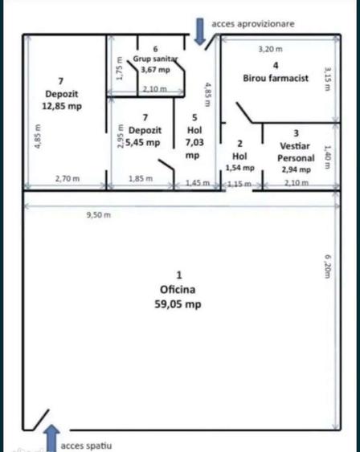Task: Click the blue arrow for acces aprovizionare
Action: click(199, 31)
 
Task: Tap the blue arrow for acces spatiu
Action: click(52, 438)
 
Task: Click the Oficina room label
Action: click(178, 289)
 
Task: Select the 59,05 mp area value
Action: click(178, 304)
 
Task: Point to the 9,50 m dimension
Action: click(99, 214)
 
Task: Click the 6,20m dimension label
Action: click(327, 267)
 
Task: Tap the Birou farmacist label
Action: click(276, 78)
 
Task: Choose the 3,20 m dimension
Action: click(270, 49)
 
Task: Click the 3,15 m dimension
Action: click(327, 79)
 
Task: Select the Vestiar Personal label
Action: click(296, 152)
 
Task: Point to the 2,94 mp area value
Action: click(297, 169)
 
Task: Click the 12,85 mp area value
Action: click(62, 106)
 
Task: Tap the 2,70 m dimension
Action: click(67, 179)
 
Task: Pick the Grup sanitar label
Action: click(155, 59)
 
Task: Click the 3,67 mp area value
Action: click(155, 70)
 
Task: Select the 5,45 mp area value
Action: click(143, 142)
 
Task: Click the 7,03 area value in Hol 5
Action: click(194, 142)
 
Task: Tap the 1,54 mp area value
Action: click(239, 168)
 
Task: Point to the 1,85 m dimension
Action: click(141, 179)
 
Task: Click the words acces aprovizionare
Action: click(253, 24)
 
